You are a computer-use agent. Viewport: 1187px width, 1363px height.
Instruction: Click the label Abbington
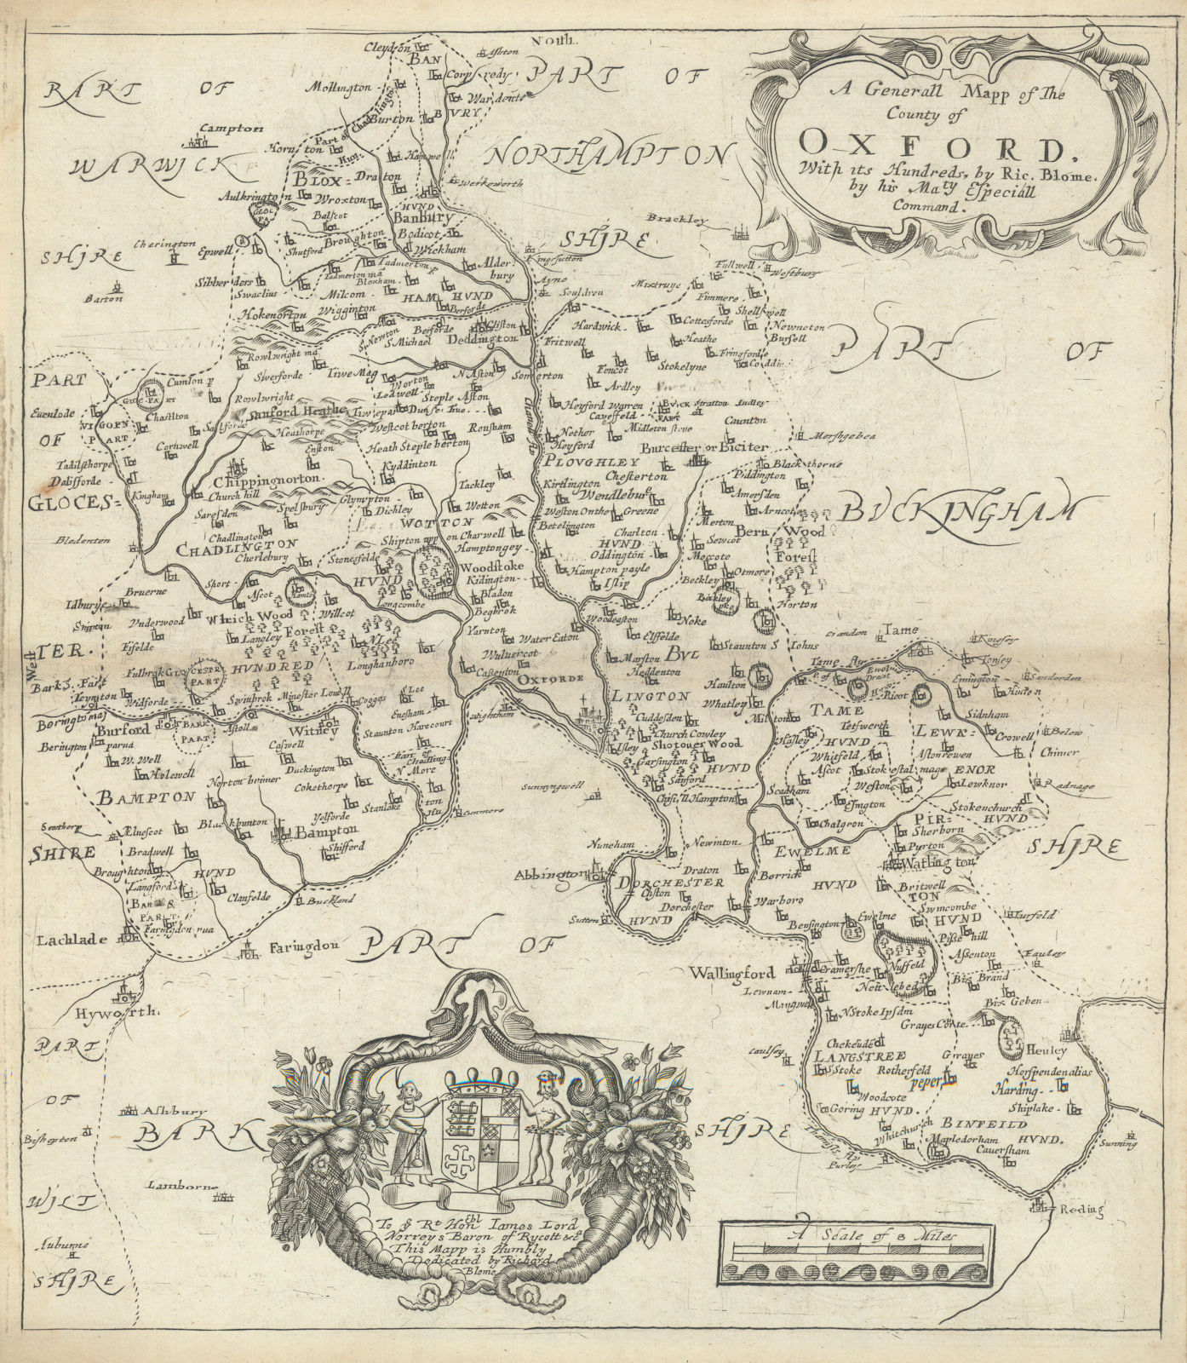(x=556, y=877)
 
